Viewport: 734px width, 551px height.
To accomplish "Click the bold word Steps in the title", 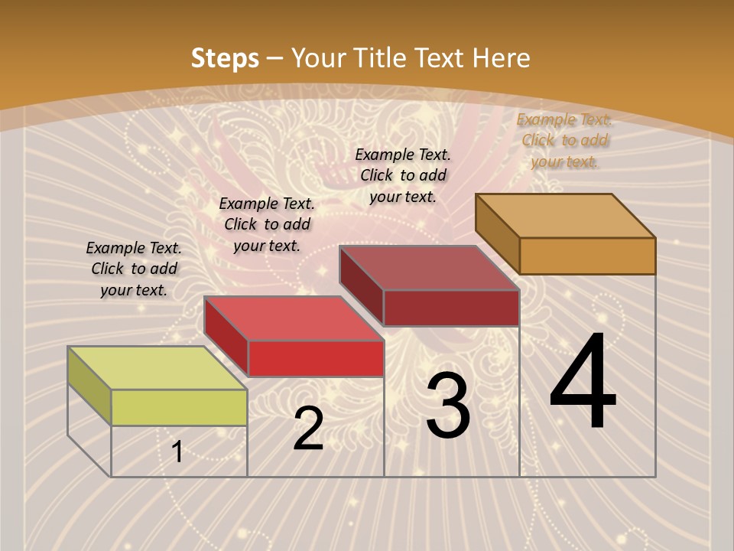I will click(225, 58).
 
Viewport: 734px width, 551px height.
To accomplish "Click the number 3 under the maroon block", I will click(448, 406).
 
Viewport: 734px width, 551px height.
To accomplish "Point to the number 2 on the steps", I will click(309, 429).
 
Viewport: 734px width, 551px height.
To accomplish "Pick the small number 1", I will click(177, 452).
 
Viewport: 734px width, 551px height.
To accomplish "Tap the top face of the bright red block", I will click(293, 318).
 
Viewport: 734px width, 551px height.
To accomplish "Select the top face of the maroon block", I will click(429, 268).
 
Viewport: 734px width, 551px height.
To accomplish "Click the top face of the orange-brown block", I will click(565, 216).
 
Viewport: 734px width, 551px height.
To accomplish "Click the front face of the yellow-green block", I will click(179, 407).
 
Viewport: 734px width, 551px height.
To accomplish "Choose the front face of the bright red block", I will click(316, 358).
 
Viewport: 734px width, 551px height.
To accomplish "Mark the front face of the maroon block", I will click(451, 308).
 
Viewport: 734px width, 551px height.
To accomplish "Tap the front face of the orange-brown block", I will click(587, 256).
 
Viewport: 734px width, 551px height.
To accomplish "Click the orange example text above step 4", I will click(564, 140).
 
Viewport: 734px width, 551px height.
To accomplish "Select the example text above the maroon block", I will click(403, 175).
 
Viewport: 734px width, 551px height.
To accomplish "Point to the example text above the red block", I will click(267, 224).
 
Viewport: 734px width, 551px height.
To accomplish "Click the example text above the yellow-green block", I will click(134, 269).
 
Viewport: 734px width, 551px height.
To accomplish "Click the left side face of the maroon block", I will click(361, 285).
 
